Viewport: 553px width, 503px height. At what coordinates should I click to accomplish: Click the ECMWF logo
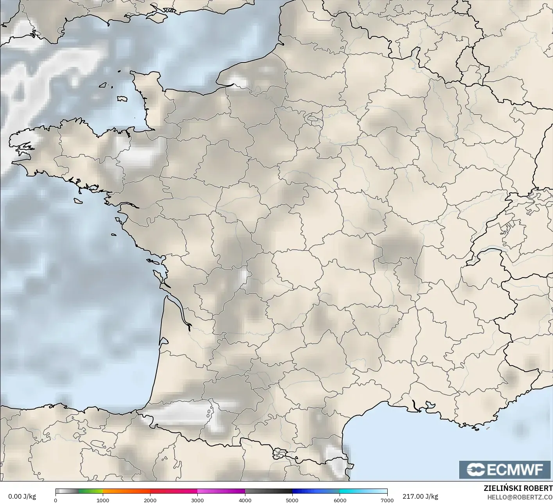click(505, 469)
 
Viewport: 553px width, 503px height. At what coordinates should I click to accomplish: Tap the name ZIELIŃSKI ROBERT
click(518, 488)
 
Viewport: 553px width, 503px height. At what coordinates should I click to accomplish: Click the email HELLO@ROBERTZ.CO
click(520, 497)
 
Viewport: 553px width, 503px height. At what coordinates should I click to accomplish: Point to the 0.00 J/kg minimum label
click(22, 496)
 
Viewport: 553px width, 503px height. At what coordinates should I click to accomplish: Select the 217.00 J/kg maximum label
click(420, 496)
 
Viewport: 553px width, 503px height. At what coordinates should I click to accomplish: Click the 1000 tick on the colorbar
click(103, 500)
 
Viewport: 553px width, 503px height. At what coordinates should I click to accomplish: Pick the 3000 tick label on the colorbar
click(198, 500)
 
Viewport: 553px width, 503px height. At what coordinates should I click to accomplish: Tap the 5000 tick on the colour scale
click(292, 500)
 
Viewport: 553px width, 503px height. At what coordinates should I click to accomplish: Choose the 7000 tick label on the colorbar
click(387, 500)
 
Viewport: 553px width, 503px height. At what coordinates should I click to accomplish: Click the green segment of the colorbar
click(91, 491)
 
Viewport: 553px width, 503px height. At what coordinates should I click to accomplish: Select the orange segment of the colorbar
click(126, 491)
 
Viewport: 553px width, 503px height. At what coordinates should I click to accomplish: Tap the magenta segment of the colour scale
click(221, 491)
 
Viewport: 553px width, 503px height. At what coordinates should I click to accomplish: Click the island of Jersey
click(122, 99)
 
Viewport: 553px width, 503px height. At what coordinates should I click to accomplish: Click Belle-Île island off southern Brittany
click(78, 200)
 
